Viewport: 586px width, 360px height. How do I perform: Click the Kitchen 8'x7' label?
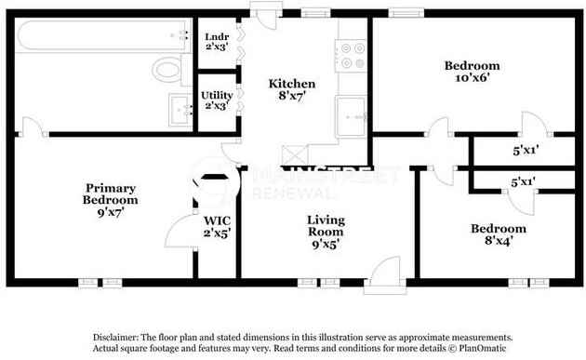click(285, 89)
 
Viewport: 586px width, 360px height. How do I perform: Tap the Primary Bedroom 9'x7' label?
click(111, 200)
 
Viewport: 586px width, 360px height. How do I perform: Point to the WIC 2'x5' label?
click(217, 227)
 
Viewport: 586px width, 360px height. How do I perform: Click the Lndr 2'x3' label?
click(216, 42)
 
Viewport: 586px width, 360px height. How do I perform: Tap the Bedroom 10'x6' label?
click(471, 73)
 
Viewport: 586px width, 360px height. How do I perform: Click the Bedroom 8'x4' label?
click(498, 234)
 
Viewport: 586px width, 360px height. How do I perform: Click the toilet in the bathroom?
click(166, 68)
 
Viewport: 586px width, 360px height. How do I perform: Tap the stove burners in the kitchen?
click(353, 56)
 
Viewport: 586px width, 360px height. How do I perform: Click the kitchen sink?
click(352, 115)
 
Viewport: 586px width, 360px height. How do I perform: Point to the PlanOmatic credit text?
click(480, 349)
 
